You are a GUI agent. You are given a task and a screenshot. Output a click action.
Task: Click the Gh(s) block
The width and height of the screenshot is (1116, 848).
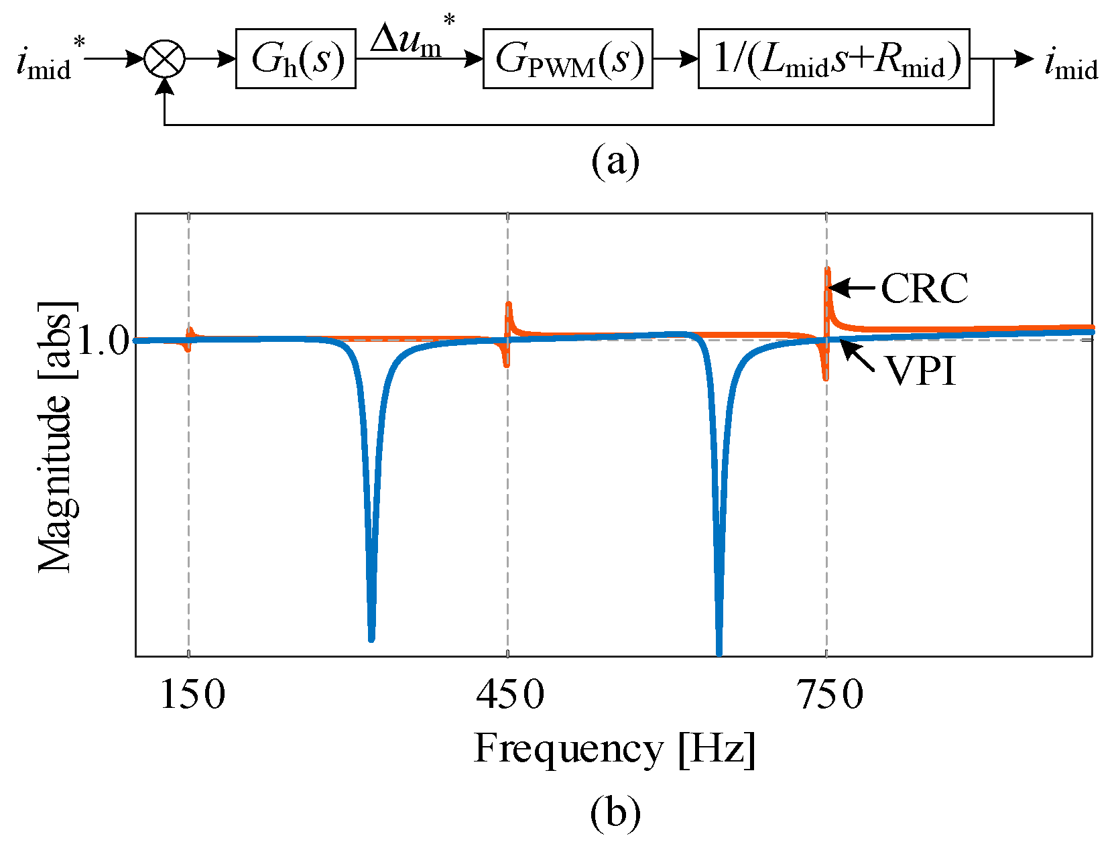click(x=296, y=59)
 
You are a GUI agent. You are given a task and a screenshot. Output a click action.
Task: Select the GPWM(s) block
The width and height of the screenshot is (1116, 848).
click(x=568, y=59)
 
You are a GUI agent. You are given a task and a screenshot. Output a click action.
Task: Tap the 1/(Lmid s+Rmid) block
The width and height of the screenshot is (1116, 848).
click(x=833, y=59)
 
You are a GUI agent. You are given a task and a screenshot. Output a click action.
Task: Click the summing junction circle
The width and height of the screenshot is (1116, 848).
click(x=164, y=59)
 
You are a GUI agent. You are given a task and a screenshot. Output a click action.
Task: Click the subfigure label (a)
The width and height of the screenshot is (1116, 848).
click(x=615, y=161)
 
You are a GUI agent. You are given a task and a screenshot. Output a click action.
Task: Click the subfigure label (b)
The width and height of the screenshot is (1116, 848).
click(x=615, y=812)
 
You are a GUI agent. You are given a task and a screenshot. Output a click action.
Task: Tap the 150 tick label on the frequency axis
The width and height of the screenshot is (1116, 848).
click(x=192, y=694)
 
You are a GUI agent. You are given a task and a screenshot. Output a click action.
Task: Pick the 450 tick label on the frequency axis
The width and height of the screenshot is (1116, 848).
click(x=510, y=694)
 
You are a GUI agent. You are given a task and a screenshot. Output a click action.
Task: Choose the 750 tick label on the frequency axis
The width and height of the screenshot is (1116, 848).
click(x=830, y=694)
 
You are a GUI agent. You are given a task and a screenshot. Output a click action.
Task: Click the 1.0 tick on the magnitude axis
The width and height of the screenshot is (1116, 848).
click(x=102, y=341)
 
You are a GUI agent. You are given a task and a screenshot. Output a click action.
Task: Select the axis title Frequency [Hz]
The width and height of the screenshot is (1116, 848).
click(x=615, y=748)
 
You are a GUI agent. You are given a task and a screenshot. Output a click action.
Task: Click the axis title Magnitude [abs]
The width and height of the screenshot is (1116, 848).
click(x=56, y=436)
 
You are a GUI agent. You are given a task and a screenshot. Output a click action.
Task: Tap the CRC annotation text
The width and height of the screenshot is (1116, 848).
click(x=924, y=289)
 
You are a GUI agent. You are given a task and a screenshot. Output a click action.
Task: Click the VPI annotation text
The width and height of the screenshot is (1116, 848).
click(x=920, y=370)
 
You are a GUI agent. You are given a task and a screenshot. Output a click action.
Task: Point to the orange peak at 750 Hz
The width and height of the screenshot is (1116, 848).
click(x=828, y=270)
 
